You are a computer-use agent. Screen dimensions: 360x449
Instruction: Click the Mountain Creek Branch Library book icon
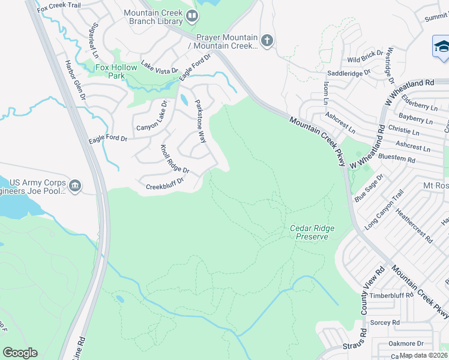[x=192, y=17]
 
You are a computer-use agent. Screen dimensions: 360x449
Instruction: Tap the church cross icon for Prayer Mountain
[x=267, y=41]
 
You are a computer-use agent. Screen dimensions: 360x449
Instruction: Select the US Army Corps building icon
[x=74, y=185]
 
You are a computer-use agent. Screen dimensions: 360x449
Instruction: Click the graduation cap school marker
[x=441, y=46]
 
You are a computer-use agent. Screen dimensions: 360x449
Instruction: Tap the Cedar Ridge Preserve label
[x=312, y=232]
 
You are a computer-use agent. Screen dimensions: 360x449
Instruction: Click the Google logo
[x=20, y=353]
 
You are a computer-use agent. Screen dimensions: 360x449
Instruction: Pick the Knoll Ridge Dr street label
[x=174, y=160]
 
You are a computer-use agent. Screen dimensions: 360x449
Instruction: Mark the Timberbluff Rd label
[x=392, y=295]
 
